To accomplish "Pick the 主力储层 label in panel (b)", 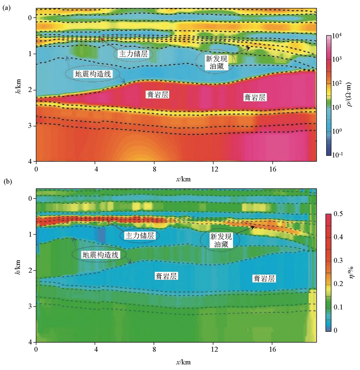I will [x=140, y=235].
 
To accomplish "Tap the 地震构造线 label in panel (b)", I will [x=100, y=254].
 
